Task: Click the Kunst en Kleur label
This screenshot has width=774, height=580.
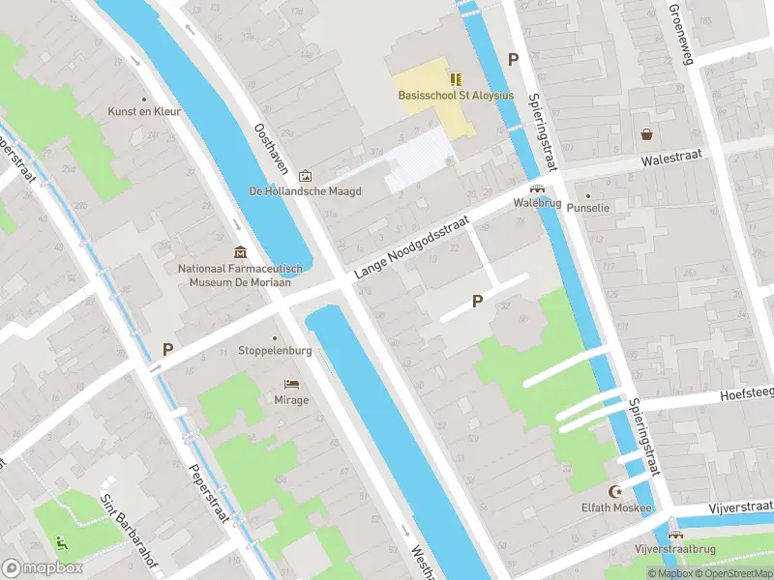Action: (144, 112)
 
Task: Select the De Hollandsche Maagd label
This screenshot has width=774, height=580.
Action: (305, 191)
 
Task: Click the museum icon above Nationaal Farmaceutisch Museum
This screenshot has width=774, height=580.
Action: (240, 252)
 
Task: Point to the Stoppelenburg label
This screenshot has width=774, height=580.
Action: (275, 351)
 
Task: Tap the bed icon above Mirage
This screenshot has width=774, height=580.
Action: (291, 385)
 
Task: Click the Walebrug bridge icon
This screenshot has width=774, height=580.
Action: (536, 189)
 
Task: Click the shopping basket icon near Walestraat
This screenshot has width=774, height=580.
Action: (645, 134)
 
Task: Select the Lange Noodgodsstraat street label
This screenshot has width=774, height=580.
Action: (411, 248)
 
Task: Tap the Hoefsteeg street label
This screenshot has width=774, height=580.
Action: (746, 395)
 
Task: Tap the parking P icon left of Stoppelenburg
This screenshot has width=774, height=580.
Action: (167, 350)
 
